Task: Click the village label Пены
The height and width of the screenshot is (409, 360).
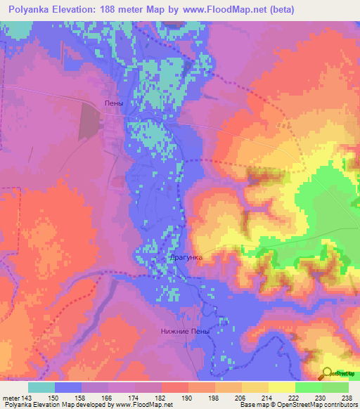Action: point(113,103)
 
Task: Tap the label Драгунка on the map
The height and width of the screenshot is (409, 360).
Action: point(186,257)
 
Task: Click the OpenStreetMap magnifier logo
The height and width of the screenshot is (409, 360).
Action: point(327,375)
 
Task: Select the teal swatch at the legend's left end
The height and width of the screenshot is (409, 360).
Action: point(41,387)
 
